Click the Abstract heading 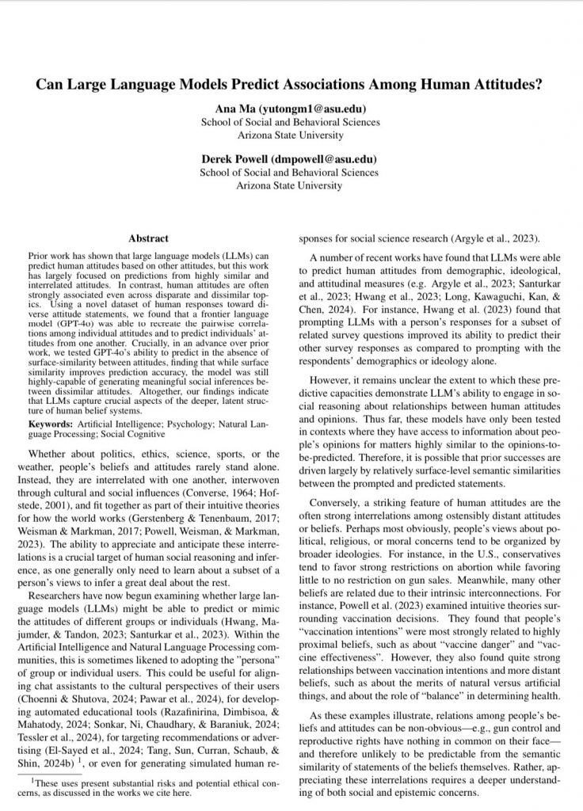tap(148, 238)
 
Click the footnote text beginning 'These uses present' tap(151, 782)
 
